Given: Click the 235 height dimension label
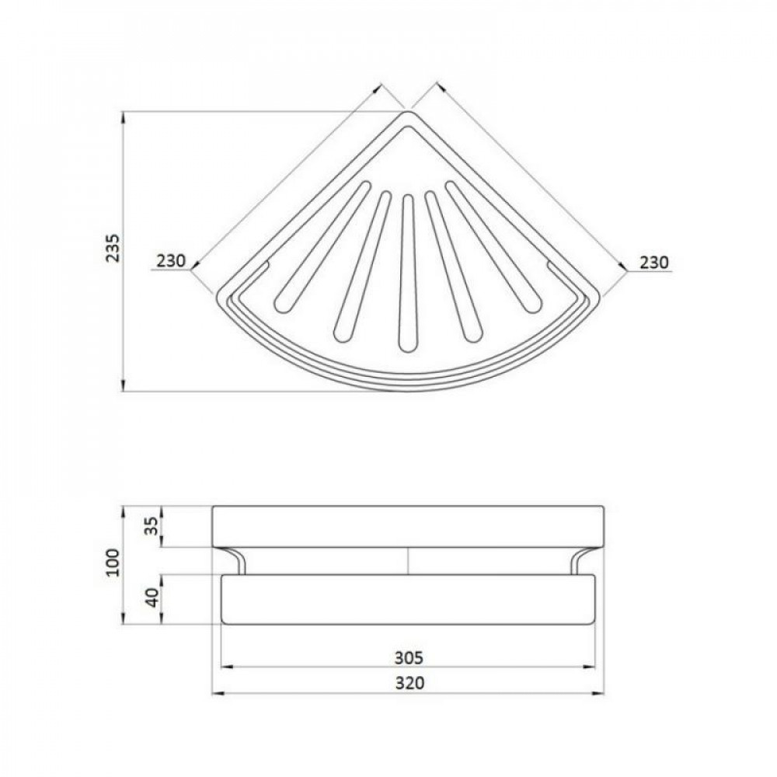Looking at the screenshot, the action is coord(113,247).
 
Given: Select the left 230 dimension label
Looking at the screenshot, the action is coord(170,260).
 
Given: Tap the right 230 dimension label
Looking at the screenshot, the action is coord(654,262).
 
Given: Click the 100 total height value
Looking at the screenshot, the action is coord(113,563).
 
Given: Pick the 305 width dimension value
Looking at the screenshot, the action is coord(409,657).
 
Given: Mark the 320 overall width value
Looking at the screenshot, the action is coord(409,683).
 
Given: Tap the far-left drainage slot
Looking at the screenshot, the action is coord(322,247).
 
